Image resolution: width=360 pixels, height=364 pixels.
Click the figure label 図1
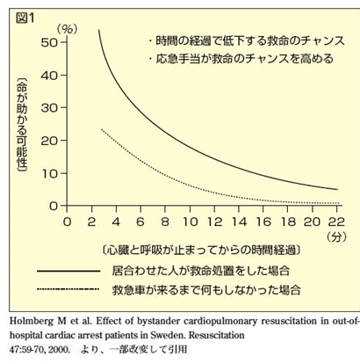[25, 18]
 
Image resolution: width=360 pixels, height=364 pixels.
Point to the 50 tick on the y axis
[49, 43]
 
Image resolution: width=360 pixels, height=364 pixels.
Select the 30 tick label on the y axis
[49, 108]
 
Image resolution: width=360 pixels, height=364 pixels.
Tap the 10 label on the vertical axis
[50, 174]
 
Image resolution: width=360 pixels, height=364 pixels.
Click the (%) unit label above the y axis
[67, 30]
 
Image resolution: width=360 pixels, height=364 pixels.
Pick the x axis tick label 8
[165, 222]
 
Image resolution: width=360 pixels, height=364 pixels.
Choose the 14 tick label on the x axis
[239, 222]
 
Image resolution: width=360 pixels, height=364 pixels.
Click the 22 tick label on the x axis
[336, 222]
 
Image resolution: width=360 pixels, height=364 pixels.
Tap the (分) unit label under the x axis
[337, 237]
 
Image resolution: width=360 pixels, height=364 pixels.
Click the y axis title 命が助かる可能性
[22, 125]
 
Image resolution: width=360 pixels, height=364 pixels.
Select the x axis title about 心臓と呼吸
[201, 251]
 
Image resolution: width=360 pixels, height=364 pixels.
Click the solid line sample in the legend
[68, 272]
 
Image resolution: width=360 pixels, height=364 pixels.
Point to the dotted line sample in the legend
[68, 289]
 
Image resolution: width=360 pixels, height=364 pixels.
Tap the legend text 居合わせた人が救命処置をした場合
[201, 271]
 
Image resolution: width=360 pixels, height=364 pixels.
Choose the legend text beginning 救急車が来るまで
[206, 290]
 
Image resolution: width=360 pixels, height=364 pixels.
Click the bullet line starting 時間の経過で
[247, 40]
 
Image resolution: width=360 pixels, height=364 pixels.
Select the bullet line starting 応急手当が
[241, 59]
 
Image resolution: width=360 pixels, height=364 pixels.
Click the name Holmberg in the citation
[32, 321]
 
